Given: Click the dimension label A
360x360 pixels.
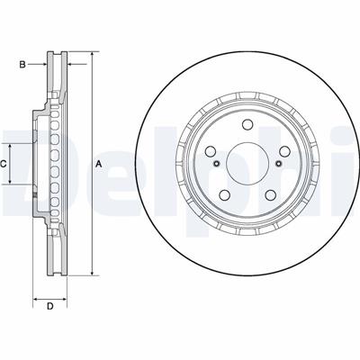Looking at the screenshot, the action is [x=99, y=164].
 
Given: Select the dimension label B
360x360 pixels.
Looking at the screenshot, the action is [x=22, y=64].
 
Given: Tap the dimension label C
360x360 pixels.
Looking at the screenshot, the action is [x=4, y=164].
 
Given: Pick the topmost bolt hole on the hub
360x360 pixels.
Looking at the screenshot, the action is [x=247, y=124].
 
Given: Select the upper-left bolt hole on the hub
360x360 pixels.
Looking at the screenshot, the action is [x=211, y=151].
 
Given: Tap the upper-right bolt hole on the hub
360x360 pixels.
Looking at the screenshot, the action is [x=283, y=151].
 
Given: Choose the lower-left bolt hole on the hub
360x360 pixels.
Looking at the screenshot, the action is [x=225, y=195].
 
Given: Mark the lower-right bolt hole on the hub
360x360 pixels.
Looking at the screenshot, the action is [x=270, y=195].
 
